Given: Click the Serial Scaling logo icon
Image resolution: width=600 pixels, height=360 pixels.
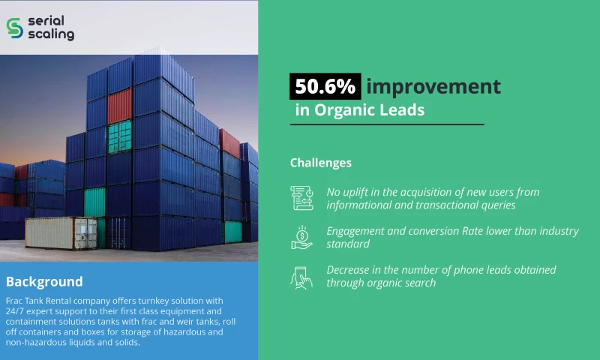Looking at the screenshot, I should (x=14, y=28).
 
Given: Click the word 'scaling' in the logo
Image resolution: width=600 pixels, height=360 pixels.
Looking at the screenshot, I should (x=50, y=34).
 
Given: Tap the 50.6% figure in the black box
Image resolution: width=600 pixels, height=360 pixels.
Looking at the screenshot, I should (x=325, y=86).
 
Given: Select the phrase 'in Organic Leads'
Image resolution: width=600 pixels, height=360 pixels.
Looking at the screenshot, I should (x=360, y=110).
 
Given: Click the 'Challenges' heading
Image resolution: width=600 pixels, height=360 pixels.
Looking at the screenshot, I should (x=320, y=163).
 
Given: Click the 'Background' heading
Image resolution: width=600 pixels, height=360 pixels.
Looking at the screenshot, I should (x=44, y=282).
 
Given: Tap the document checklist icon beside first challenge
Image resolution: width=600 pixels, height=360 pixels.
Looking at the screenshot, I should (x=301, y=198).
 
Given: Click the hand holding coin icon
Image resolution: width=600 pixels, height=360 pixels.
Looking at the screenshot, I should (x=301, y=238).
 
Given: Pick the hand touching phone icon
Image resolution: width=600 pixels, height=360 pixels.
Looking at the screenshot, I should (x=301, y=277).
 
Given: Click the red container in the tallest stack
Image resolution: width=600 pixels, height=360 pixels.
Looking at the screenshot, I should (x=119, y=106).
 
